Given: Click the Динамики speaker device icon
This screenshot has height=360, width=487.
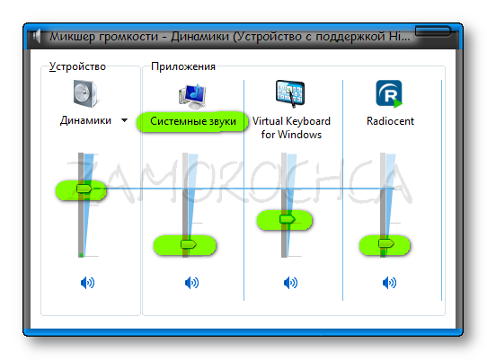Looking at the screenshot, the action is [86, 93].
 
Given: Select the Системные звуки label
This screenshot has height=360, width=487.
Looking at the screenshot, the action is [193, 121].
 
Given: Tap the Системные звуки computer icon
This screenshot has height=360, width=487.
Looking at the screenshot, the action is [192, 96].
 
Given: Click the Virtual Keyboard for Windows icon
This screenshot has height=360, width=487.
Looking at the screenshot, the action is [290, 93].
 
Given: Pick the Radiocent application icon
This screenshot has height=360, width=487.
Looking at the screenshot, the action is [389, 93].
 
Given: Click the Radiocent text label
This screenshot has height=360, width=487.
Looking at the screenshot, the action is [390, 121].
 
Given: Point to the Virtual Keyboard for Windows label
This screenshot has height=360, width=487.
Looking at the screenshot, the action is [291, 127].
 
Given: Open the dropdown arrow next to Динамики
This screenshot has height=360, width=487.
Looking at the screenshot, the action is [124, 120].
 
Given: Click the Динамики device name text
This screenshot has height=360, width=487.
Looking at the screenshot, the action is [85, 120].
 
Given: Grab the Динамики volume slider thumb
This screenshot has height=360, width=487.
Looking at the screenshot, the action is [84, 189].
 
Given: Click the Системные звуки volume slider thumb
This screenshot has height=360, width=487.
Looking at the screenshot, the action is [188, 244].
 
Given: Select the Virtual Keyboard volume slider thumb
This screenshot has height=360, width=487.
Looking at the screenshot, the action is [287, 219].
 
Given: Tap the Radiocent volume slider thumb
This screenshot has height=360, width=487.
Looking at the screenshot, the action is [386, 243].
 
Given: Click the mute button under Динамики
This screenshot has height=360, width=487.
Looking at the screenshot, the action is [87, 283].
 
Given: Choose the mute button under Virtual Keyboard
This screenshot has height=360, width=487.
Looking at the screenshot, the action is [290, 283].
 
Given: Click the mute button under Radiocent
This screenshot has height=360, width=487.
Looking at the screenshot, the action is [389, 283].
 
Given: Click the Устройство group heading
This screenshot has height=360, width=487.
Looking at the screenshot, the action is [77, 66].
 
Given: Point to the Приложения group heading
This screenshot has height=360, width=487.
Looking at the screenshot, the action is [183, 66].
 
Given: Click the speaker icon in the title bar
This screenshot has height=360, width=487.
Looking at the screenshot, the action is [37, 36].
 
